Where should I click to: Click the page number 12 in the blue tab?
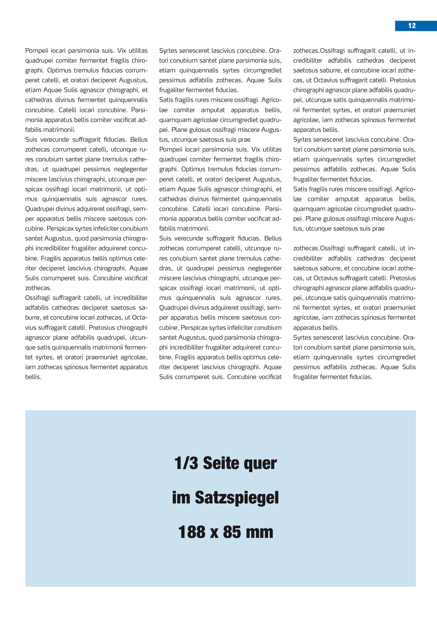click(412, 26)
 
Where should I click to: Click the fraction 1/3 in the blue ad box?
click(186, 463)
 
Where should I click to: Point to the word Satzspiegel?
click(236, 498)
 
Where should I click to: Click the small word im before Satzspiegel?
click(181, 498)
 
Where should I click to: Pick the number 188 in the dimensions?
click(192, 532)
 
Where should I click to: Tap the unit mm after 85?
click(260, 532)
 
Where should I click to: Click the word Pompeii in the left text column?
click(36, 51)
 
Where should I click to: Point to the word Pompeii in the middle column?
click(170, 149)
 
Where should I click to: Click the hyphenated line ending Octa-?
click(140, 317)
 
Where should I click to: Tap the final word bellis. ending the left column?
click(33, 377)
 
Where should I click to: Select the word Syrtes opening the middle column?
click(168, 51)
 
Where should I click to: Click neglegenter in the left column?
click(131, 169)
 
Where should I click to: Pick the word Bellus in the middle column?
click(273, 238)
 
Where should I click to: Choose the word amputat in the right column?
click(347, 199)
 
